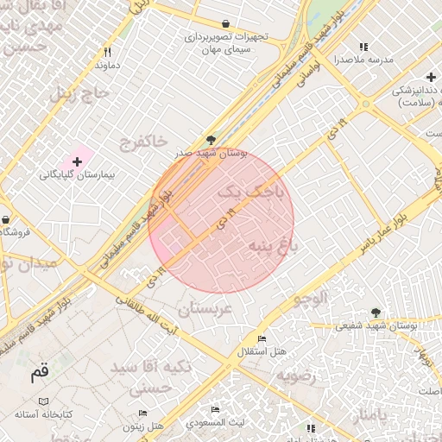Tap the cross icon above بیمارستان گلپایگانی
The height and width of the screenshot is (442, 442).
(77, 161)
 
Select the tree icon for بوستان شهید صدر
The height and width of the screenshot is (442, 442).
(212, 140)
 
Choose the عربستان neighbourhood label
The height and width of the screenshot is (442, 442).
(205, 307)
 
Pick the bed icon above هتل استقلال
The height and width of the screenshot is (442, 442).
(262, 338)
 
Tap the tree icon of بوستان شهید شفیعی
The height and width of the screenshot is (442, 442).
(375, 313)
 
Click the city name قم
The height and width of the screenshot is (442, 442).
(40, 374)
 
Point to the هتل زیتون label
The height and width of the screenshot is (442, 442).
(142, 426)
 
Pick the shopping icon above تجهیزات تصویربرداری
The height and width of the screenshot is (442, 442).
(225, 24)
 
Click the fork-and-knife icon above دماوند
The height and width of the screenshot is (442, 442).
(107, 52)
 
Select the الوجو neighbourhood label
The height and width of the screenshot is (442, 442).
(310, 299)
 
